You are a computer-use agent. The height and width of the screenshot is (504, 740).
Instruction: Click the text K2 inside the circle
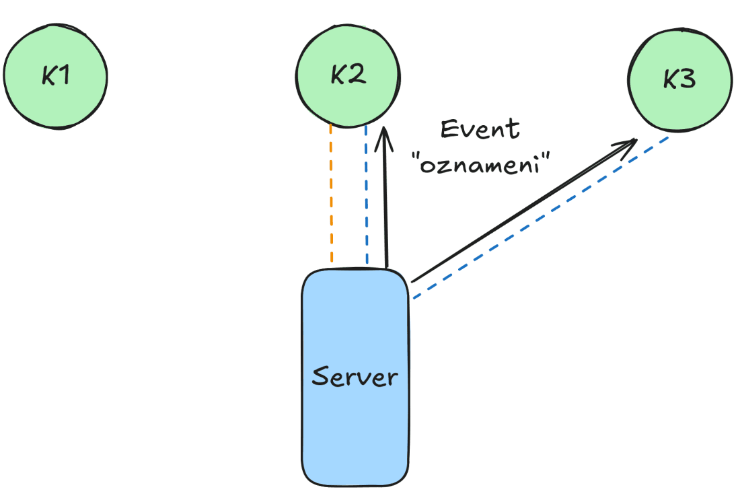(348, 75)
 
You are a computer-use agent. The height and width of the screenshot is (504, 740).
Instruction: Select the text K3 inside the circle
(679, 80)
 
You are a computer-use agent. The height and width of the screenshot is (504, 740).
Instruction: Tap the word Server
(355, 376)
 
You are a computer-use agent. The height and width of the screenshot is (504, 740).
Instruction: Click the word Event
(480, 129)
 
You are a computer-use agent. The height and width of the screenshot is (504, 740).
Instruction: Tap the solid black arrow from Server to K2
(385, 202)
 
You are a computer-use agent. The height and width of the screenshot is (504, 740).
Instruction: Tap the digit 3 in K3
(688, 80)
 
